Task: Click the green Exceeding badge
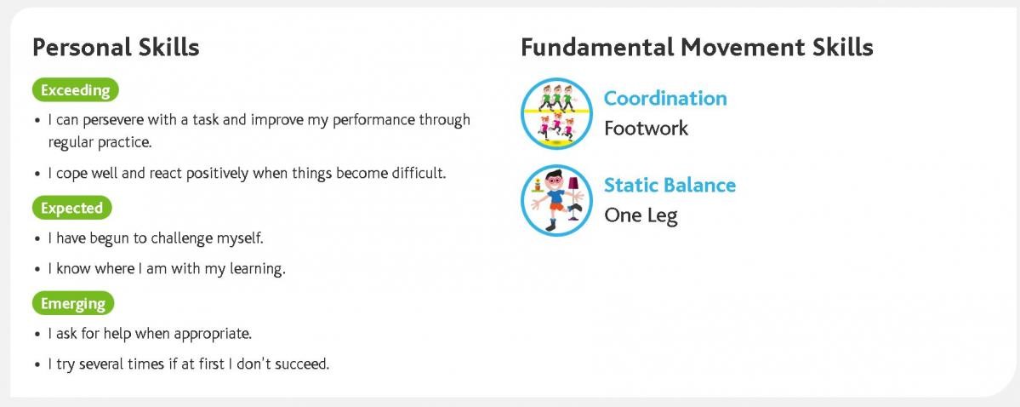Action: pyautogui.click(x=76, y=90)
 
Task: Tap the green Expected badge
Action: pyautogui.click(x=71, y=209)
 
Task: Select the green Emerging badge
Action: pyautogui.click(x=73, y=303)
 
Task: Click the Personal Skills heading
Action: pyautogui.click(x=116, y=48)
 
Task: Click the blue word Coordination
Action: pyautogui.click(x=664, y=98)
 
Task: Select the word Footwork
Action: pyautogui.click(x=646, y=128)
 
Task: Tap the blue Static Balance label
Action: pyautogui.click(x=670, y=185)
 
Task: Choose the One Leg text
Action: pyautogui.click(x=641, y=215)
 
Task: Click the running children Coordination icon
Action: pyautogui.click(x=556, y=113)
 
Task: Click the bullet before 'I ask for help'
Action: pyautogui.click(x=37, y=335)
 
